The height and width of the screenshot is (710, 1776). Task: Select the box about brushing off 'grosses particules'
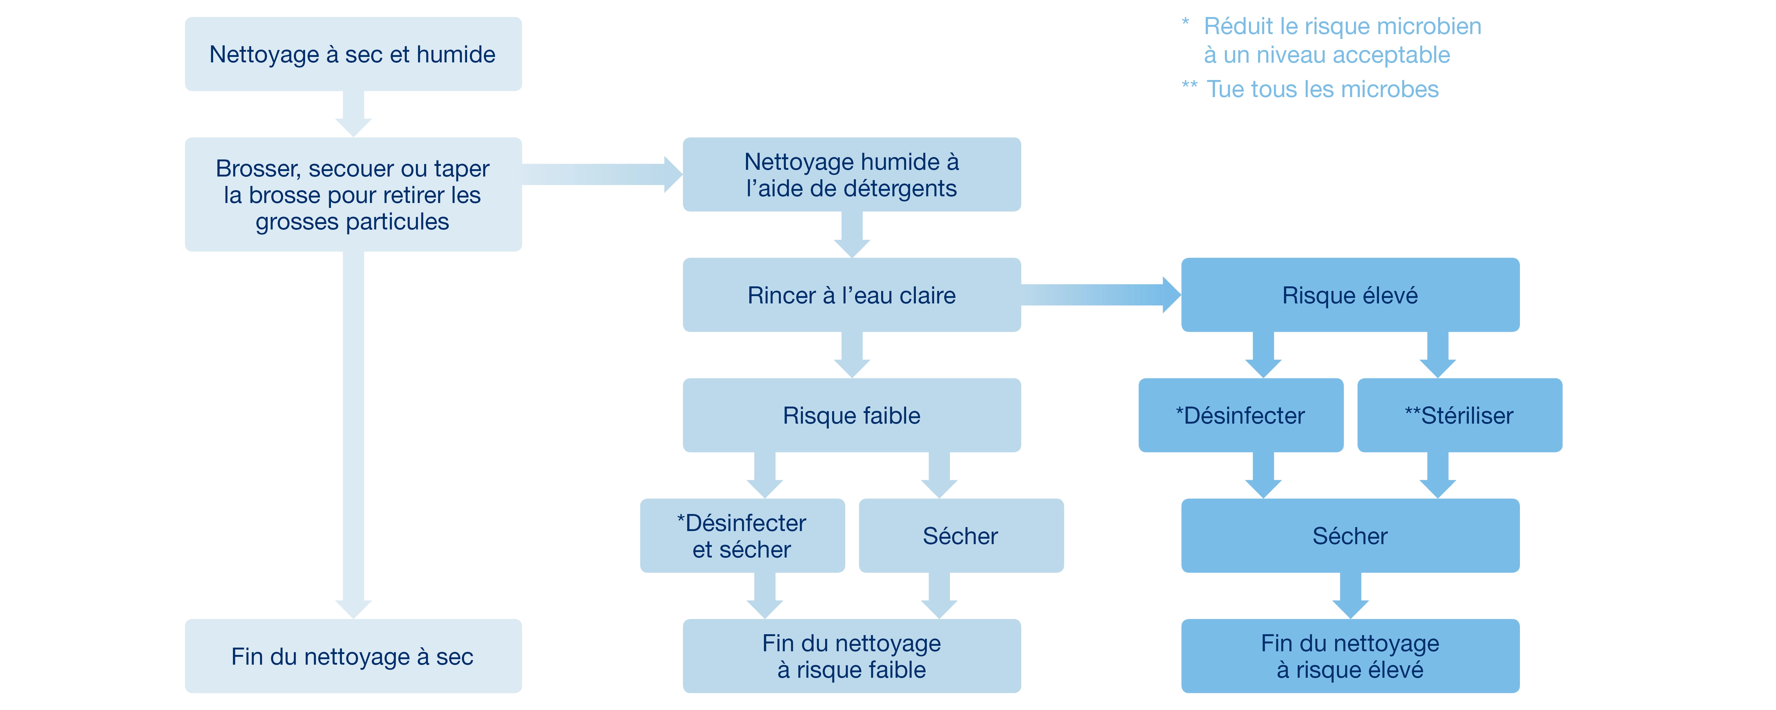(x=353, y=194)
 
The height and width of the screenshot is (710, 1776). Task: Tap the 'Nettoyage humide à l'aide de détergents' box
(x=851, y=174)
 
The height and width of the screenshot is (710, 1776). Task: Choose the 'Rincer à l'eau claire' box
(x=851, y=295)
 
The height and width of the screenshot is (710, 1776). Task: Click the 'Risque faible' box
(x=851, y=415)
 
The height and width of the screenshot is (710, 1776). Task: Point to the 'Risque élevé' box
(x=1350, y=295)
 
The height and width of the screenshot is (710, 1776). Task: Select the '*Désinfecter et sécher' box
(x=742, y=536)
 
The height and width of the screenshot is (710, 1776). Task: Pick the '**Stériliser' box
(x=1460, y=415)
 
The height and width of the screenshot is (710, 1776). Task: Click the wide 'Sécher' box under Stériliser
(x=1350, y=536)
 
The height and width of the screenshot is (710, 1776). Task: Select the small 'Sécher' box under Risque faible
(x=960, y=536)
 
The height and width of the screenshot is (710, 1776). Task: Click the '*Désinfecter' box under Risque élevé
(x=1240, y=415)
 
